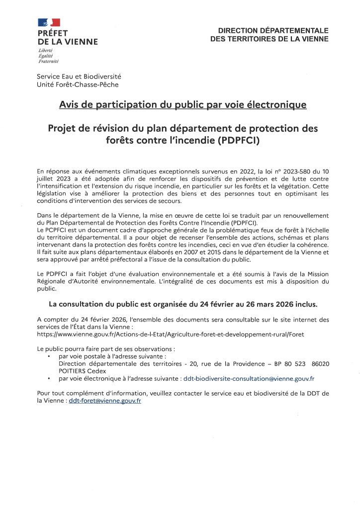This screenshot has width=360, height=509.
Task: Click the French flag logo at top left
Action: [x=49, y=22]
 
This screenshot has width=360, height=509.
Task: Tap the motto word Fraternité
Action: [x=48, y=61]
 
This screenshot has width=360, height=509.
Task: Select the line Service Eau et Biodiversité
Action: [x=79, y=77]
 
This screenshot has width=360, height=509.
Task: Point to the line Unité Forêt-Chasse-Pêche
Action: [x=78, y=85]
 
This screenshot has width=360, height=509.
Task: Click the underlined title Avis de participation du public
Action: [x=182, y=105]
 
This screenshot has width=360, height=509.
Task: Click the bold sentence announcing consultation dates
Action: [x=182, y=304]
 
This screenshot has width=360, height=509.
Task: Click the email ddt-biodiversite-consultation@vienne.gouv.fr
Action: [x=249, y=378]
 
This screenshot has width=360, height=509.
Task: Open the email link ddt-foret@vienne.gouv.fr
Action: [x=105, y=400]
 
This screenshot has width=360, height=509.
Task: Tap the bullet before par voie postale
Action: [x=48, y=357]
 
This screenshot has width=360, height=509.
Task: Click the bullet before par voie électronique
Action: [x=48, y=378]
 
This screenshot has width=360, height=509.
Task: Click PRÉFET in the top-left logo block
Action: [x=53, y=33]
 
